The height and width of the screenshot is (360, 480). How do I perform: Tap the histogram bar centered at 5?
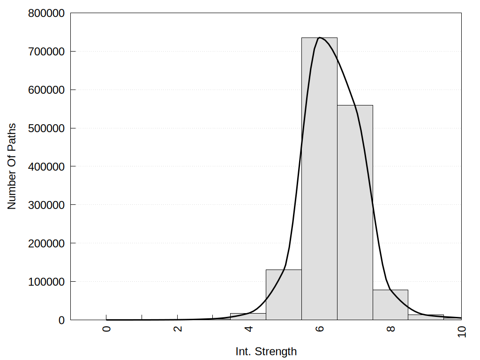284,295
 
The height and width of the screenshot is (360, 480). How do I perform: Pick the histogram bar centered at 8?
390,305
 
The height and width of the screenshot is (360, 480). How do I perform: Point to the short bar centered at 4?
248,316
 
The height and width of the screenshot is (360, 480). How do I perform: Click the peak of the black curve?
319,37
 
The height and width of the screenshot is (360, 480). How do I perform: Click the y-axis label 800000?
45,13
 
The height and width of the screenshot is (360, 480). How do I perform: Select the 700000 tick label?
45,52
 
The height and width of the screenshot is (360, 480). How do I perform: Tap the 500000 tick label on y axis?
45,128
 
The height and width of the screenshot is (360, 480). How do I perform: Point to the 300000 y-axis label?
45,205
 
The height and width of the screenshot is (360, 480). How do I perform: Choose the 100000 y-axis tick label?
45,282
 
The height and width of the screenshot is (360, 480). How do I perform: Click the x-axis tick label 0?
107,329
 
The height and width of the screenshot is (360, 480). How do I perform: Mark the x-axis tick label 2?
178,329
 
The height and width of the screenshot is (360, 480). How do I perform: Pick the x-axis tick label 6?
320,329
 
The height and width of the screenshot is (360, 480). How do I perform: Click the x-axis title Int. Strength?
266,352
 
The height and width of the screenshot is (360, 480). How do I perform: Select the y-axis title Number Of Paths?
12,166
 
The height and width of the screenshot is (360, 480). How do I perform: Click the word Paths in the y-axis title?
12,135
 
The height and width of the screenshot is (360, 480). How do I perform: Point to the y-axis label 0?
61,320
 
